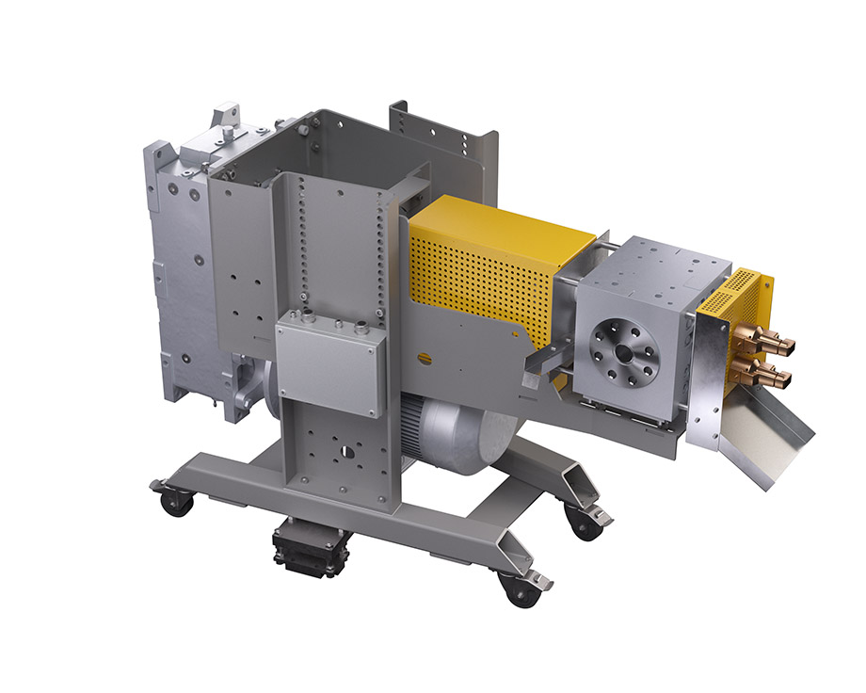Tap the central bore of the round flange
pos(624,350)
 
